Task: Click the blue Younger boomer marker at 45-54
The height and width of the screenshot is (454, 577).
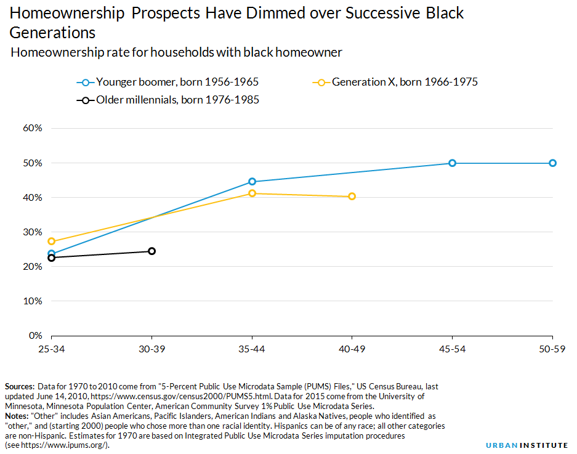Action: point(452,163)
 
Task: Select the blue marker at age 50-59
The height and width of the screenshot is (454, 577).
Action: point(552,163)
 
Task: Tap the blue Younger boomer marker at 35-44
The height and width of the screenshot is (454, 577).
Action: point(252,182)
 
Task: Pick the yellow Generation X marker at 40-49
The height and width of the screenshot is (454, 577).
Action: point(352,197)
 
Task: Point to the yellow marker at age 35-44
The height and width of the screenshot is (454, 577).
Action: point(252,193)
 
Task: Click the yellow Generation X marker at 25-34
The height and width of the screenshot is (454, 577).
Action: point(52,241)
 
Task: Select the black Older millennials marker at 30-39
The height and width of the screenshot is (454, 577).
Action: point(151,251)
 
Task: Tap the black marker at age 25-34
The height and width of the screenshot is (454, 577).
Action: point(52,257)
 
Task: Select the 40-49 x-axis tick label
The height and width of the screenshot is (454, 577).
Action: point(352,349)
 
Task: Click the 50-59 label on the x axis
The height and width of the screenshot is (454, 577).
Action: point(552,349)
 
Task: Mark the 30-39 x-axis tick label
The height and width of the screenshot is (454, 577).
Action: point(151,349)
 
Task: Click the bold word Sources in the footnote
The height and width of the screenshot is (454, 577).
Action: point(20,386)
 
